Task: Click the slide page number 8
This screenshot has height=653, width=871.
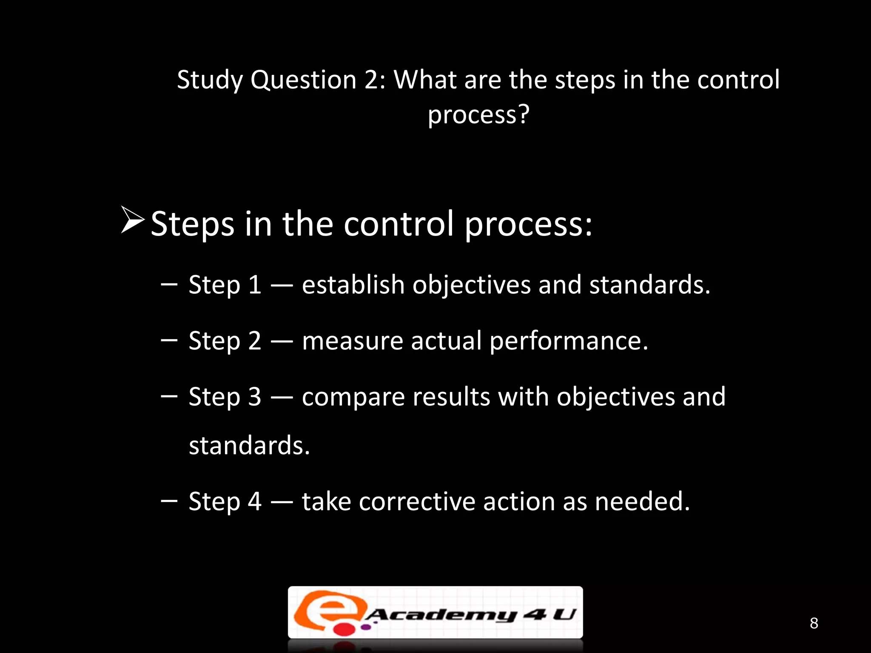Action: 814,623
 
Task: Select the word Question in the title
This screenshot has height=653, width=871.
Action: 303,80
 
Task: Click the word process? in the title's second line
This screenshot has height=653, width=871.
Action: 478,115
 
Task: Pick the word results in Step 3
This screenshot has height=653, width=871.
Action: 451,397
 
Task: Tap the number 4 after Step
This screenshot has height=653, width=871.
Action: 255,501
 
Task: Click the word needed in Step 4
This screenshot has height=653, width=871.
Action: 642,501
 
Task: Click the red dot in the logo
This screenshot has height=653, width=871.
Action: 342,628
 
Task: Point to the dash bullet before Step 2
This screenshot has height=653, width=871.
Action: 169,340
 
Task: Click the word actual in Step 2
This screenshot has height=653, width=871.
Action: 446,341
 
